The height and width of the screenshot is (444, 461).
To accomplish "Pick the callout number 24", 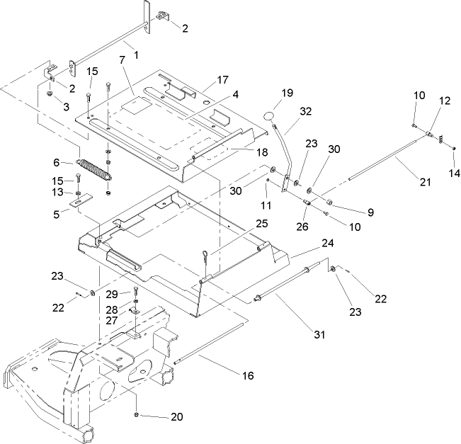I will (x=328, y=241).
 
